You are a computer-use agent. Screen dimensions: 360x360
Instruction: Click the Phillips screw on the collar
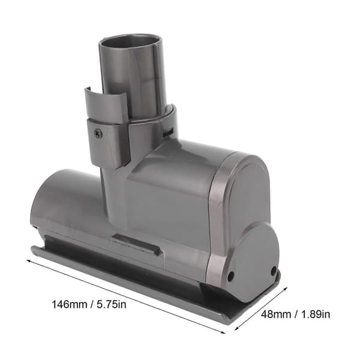tap(98, 133)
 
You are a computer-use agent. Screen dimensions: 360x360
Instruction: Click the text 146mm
tap(70, 304)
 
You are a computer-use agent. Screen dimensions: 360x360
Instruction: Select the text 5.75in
tap(112, 304)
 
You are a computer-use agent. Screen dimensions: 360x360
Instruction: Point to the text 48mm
tap(276, 314)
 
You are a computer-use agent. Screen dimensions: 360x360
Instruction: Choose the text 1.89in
tap(316, 314)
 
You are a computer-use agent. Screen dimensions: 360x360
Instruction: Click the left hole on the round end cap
tap(230, 275)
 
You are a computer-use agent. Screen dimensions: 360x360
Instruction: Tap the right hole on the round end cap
tap(274, 271)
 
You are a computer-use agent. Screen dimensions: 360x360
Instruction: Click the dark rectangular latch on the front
tap(136, 244)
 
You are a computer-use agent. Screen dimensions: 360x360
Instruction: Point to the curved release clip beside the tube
tap(106, 105)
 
